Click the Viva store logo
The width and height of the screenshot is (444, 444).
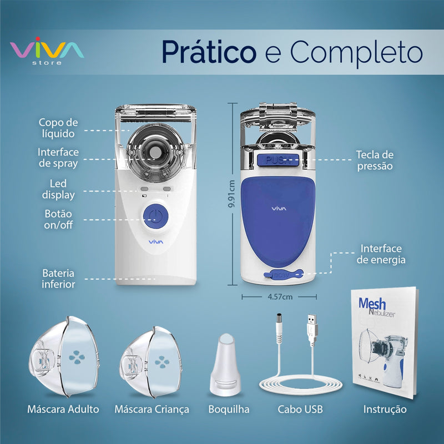47,51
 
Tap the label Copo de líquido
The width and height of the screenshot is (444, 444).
58,128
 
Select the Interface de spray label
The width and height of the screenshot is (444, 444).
58,157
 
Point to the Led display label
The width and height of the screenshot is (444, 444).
58,189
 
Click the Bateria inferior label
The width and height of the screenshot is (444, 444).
58,279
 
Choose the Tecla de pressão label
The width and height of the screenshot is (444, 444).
375,160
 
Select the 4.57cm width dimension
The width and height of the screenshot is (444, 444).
280,297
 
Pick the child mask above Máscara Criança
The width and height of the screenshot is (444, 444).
150,358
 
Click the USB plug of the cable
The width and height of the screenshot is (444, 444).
312,328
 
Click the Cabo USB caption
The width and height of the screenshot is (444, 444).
300,410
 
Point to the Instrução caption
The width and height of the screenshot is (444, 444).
385,410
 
